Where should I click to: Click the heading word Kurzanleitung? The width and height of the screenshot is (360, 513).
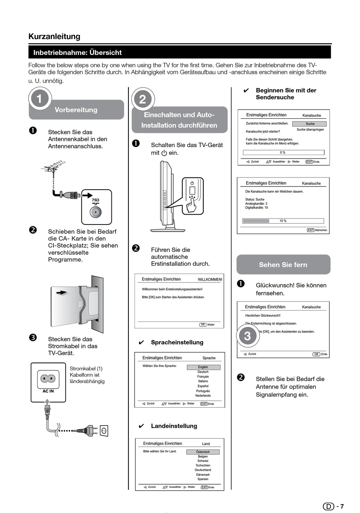[54, 36]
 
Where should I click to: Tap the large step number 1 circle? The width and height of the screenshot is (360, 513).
[39, 99]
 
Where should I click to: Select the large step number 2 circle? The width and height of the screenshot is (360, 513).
[142, 99]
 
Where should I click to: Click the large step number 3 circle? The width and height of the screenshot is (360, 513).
[247, 336]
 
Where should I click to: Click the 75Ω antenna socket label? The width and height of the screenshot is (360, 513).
[95, 200]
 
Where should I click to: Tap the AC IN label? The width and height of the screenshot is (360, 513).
[48, 391]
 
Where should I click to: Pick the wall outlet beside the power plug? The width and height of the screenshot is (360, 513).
[103, 431]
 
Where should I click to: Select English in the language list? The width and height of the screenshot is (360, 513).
[203, 367]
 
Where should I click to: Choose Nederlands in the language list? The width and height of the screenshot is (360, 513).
[203, 395]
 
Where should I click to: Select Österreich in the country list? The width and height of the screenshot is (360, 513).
[203, 452]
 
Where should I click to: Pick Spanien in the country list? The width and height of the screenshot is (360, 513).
[203, 479]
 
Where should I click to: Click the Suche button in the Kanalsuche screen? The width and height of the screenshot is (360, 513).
[310, 124]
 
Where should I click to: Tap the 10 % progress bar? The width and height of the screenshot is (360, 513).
[283, 221]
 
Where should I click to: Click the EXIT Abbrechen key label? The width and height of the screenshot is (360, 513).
[317, 230]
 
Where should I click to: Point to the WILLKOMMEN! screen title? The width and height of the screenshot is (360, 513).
[210, 279]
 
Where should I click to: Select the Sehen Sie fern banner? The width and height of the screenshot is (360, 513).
[283, 265]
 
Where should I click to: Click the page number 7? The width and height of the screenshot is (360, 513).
[342, 507]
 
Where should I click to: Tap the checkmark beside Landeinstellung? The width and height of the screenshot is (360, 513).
[141, 426]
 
